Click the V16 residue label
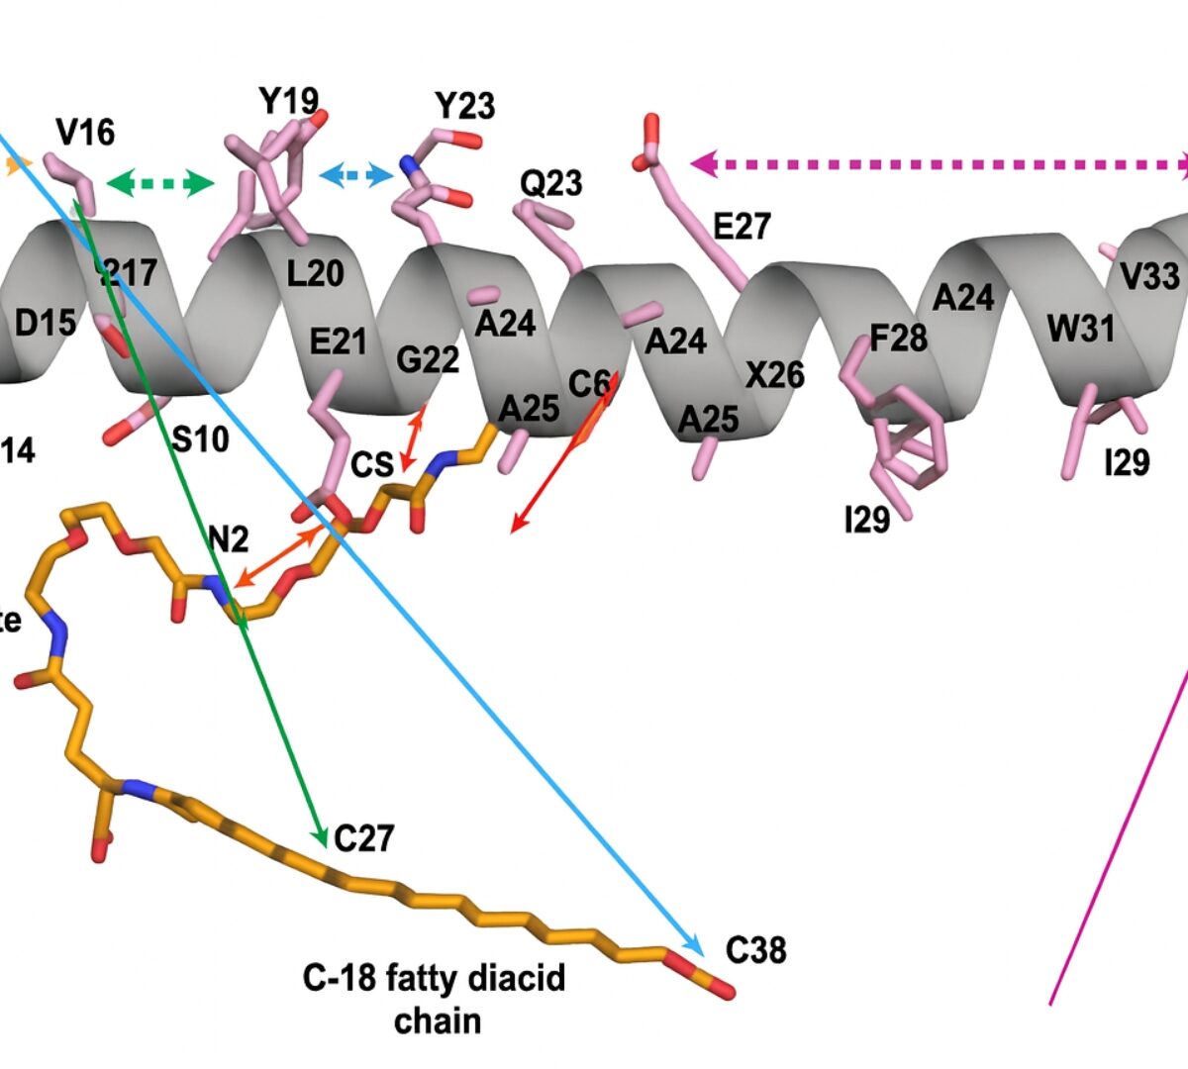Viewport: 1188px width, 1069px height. pyautogui.click(x=85, y=132)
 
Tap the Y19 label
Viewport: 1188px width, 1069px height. pyautogui.click(x=288, y=100)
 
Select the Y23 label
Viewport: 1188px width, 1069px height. pyautogui.click(x=464, y=105)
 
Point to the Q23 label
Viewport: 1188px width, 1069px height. pyautogui.click(x=551, y=182)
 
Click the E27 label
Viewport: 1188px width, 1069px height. pyautogui.click(x=742, y=227)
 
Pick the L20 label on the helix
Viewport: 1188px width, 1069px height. pyautogui.click(x=315, y=273)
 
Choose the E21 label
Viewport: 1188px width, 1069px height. pyautogui.click(x=339, y=342)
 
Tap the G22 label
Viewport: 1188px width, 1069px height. pyautogui.click(x=428, y=359)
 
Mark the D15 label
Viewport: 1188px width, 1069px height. pyautogui.click(x=45, y=323)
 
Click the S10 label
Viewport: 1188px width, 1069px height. pyautogui.click(x=200, y=437)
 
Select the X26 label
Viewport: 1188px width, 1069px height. pyautogui.click(x=775, y=375)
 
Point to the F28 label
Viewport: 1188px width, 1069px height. pyautogui.click(x=898, y=339)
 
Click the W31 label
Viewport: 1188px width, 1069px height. pyautogui.click(x=1081, y=329)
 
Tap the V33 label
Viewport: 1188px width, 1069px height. pyautogui.click(x=1149, y=276)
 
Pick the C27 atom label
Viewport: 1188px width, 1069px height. pyautogui.click(x=364, y=839)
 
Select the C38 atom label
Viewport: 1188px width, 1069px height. pyautogui.click(x=756, y=950)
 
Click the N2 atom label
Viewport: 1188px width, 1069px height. pyautogui.click(x=228, y=539)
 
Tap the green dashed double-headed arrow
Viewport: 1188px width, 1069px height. pyautogui.click(x=160, y=182)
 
